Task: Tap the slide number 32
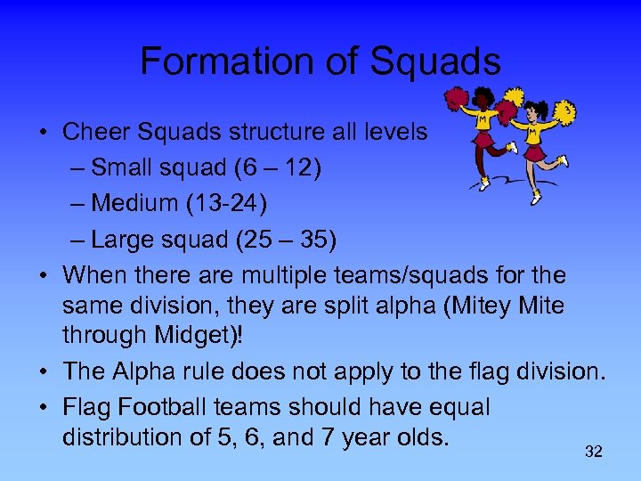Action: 594,452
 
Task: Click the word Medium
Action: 135,203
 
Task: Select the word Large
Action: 125,240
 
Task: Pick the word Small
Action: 125,167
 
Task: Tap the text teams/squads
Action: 437,273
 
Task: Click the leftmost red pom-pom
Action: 457,98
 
